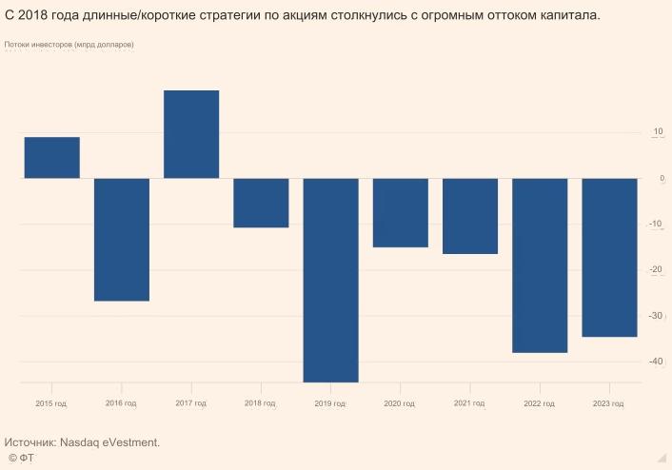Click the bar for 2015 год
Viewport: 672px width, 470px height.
point(51,158)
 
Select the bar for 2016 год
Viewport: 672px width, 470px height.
point(121,239)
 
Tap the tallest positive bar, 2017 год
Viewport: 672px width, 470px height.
point(191,134)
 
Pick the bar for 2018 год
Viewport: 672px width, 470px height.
point(261,203)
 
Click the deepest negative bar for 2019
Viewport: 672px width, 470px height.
point(330,280)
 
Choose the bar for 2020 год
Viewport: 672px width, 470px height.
point(400,212)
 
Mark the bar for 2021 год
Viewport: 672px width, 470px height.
point(470,216)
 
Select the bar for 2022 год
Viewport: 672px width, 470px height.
point(540,265)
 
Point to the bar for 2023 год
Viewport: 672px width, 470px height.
point(609,257)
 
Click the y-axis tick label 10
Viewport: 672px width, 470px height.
point(658,132)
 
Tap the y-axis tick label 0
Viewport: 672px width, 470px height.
point(662,178)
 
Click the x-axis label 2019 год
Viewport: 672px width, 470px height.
point(330,403)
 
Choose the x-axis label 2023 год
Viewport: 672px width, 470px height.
point(609,403)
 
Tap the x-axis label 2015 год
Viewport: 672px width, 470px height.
point(51,403)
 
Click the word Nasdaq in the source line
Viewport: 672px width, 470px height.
point(87,441)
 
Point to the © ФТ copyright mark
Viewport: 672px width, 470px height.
point(21,458)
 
